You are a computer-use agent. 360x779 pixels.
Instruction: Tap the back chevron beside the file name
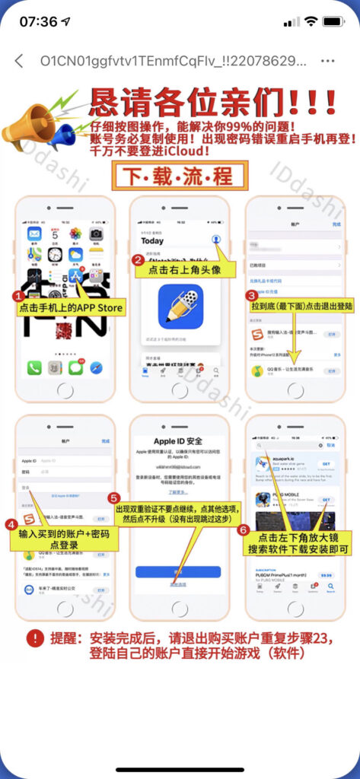[x=19, y=61]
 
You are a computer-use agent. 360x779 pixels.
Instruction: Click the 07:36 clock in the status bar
[x=39, y=21]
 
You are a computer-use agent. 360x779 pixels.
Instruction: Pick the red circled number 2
[x=139, y=260]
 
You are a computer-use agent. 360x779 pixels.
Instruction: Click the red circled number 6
[x=243, y=529]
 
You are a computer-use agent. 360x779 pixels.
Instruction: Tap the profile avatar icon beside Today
[x=216, y=240]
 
